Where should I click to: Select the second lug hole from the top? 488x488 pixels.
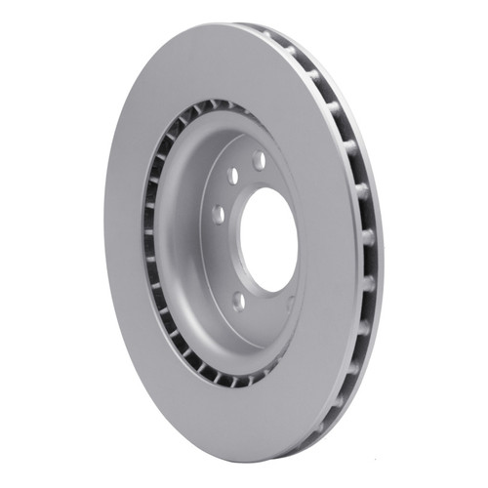[x=234, y=177]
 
